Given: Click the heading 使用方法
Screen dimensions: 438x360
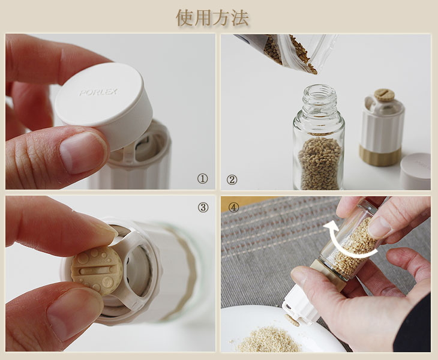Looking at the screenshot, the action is coord(212,18).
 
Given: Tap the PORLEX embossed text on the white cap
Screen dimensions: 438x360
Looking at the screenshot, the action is coord(98,92).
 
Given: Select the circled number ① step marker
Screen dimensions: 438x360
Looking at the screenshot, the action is coord(202,178).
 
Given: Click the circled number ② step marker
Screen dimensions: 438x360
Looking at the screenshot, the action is coord(232,179).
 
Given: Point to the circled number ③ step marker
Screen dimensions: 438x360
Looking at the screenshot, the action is coord(203,207).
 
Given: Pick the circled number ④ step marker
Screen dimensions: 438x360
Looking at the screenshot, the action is coord(233,207).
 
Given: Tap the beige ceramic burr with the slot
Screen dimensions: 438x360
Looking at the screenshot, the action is coord(97,270).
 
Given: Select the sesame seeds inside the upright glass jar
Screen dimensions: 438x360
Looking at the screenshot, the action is coord(320,163).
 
